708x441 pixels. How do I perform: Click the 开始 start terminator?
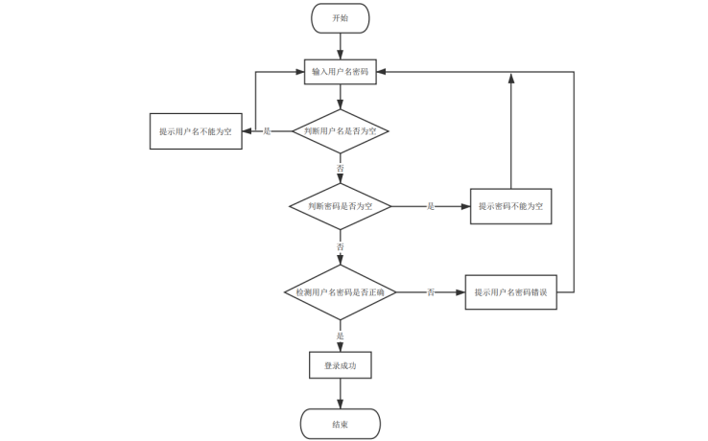pyautogui.click(x=340, y=18)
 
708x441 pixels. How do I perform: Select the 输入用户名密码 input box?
pyautogui.click(x=340, y=72)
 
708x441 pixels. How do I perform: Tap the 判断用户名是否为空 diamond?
pyautogui.click(x=340, y=130)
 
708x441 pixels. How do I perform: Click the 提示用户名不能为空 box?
pyautogui.click(x=195, y=130)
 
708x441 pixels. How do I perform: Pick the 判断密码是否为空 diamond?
pyautogui.click(x=340, y=206)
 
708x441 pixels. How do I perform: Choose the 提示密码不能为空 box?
pyautogui.click(x=510, y=206)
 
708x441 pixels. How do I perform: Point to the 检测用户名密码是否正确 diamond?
pyautogui.click(x=340, y=291)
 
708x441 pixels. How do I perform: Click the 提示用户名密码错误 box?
pyautogui.click(x=510, y=291)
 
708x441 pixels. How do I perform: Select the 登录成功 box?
pyautogui.click(x=340, y=365)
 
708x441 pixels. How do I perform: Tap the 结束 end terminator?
pyautogui.click(x=340, y=424)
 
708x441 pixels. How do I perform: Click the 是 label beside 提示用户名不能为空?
pyautogui.click(x=267, y=130)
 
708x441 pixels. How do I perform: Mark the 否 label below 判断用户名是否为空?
pyautogui.click(x=340, y=168)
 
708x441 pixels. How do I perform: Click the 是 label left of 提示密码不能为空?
pyautogui.click(x=431, y=206)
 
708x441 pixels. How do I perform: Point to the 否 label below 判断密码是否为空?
pyautogui.click(x=340, y=246)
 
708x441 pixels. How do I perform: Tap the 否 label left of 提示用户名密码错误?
pyautogui.click(x=431, y=291)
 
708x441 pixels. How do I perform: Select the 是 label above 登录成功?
pyautogui.click(x=340, y=336)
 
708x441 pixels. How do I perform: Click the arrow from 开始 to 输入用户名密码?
pyautogui.click(x=340, y=45)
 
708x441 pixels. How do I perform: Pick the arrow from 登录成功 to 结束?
pyautogui.click(x=340, y=394)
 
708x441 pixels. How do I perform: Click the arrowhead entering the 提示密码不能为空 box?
pyautogui.click(x=464, y=206)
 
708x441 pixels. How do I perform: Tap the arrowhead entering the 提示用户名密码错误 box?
pyautogui.click(x=459, y=291)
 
